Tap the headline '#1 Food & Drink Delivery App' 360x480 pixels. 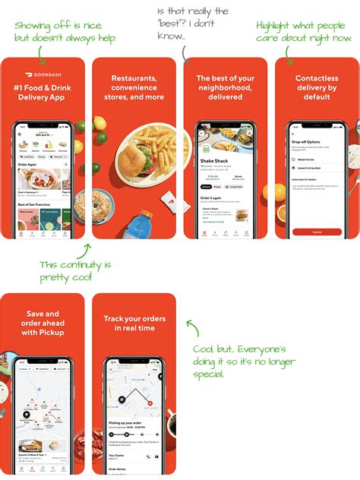pos(43,95)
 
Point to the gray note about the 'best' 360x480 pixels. pos(193,22)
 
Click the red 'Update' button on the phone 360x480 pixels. pos(316,232)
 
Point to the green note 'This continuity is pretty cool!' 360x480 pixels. pos(75,271)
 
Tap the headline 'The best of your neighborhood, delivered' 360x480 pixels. pos(225,87)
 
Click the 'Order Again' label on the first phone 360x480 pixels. pos(27,163)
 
